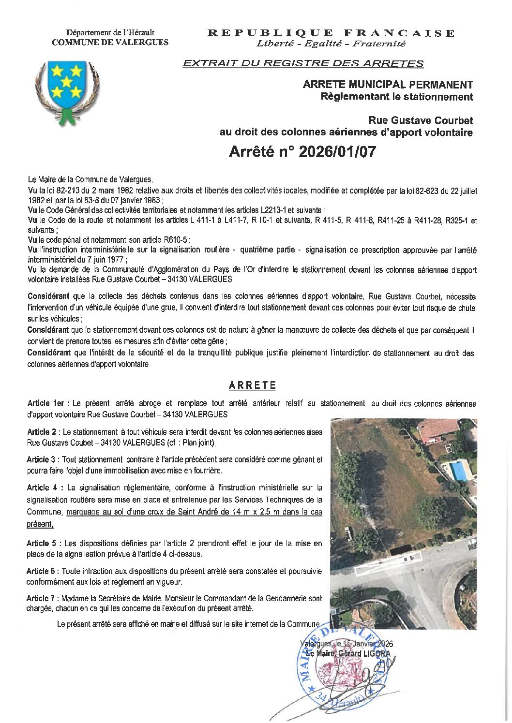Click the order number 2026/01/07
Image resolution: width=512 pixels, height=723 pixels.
(x=337, y=152)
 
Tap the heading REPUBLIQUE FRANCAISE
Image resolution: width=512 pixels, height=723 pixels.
(x=331, y=33)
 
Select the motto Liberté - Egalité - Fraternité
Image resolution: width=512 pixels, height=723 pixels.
(x=331, y=44)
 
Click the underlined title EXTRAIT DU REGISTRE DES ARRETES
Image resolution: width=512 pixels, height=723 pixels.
(x=302, y=63)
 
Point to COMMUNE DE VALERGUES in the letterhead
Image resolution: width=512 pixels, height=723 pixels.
(x=110, y=42)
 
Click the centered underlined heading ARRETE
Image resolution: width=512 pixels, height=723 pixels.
(x=252, y=385)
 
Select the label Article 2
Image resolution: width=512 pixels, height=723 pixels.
(x=43, y=432)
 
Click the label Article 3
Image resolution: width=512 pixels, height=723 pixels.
(x=43, y=459)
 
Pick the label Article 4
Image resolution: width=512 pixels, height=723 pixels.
(x=43, y=487)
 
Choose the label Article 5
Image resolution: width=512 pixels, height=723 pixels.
(x=43, y=543)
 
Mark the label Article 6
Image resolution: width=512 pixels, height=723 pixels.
(x=43, y=571)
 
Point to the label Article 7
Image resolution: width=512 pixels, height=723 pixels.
(x=43, y=598)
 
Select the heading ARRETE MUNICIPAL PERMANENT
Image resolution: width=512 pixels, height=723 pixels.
(x=388, y=85)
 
